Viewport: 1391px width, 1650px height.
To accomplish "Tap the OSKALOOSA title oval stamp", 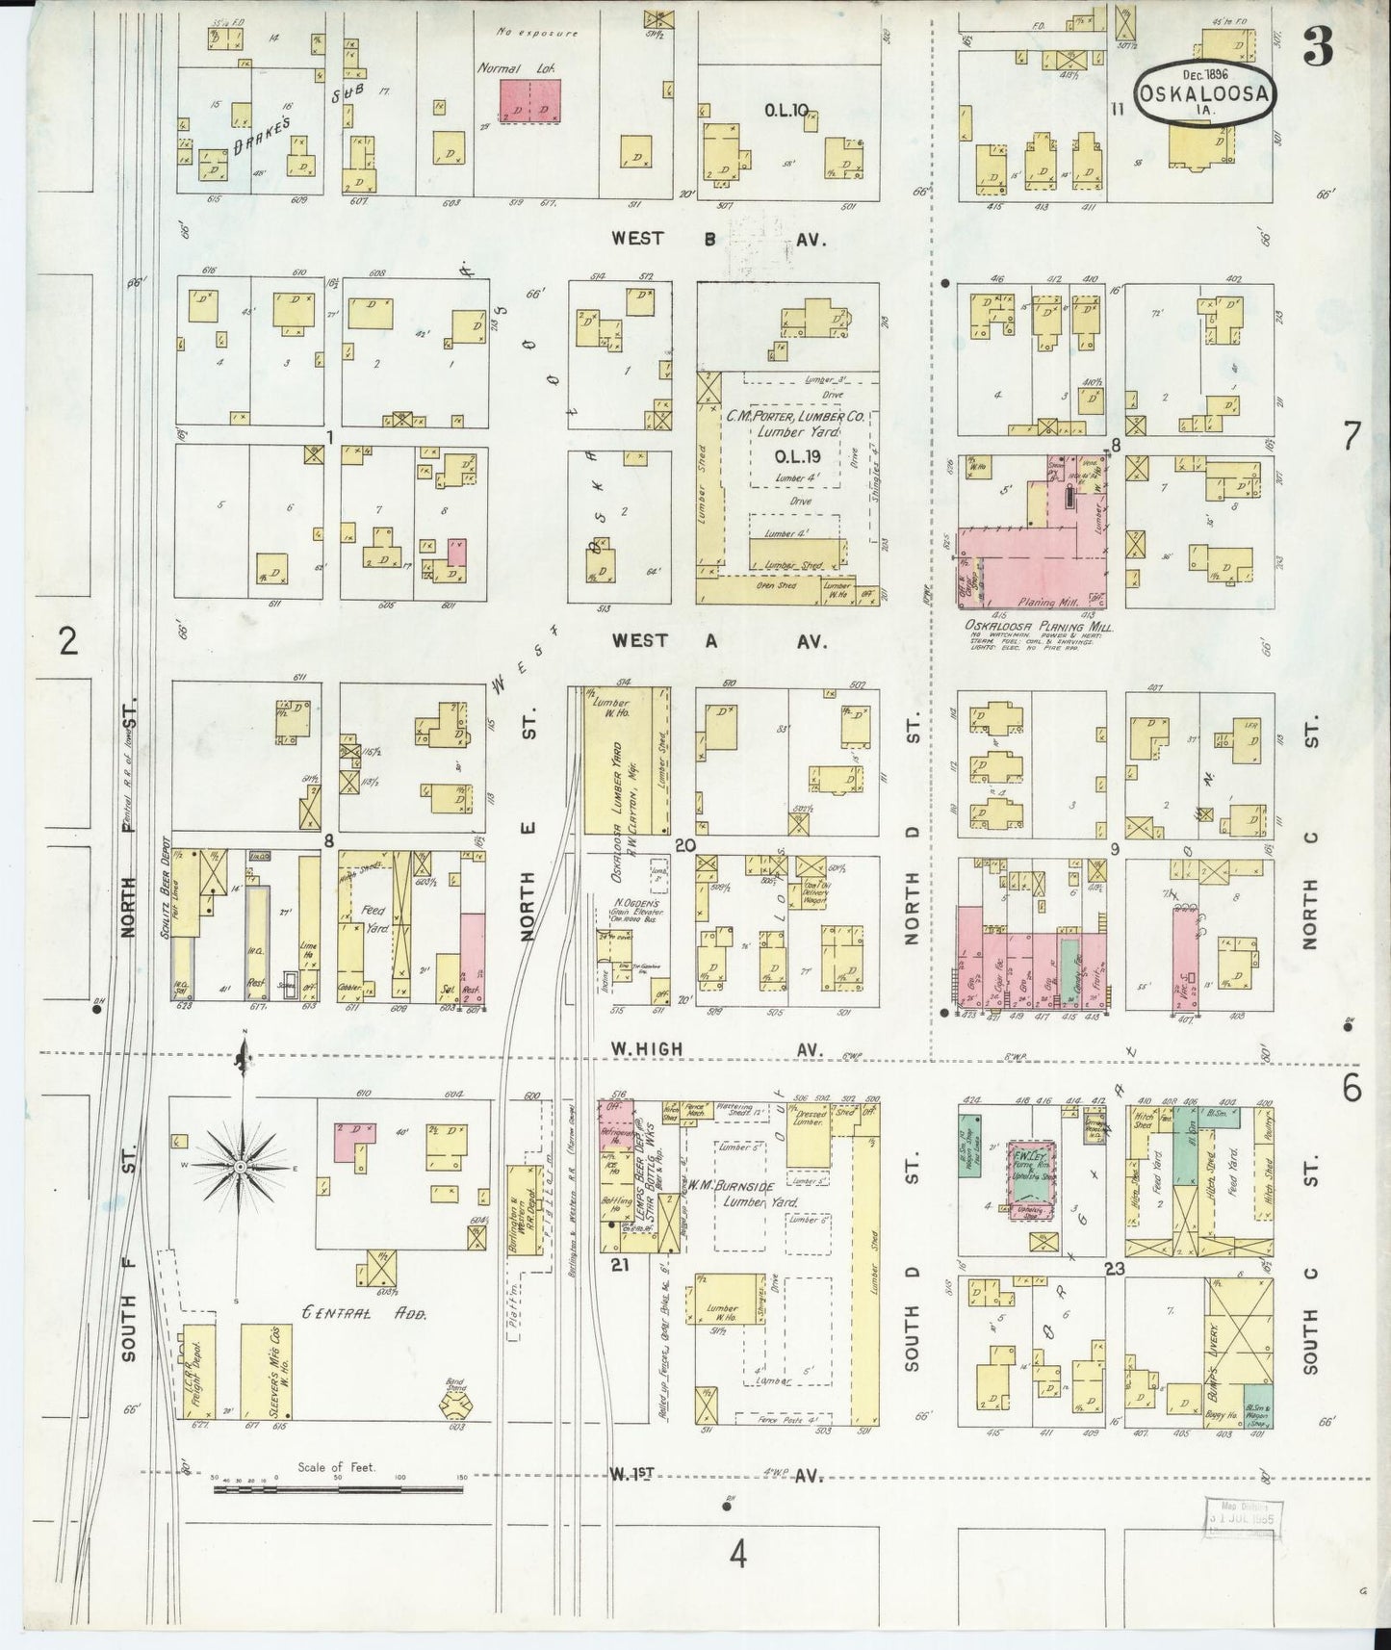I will click(x=1205, y=93).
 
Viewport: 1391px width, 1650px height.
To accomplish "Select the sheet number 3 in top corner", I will click(x=1318, y=49).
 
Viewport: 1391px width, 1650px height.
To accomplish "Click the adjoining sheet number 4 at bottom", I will click(x=737, y=1555).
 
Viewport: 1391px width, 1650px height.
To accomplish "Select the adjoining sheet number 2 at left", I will click(x=67, y=640).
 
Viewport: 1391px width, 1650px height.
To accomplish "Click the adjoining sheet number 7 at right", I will click(x=1351, y=437).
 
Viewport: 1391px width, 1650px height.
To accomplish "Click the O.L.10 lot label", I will click(x=786, y=111).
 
